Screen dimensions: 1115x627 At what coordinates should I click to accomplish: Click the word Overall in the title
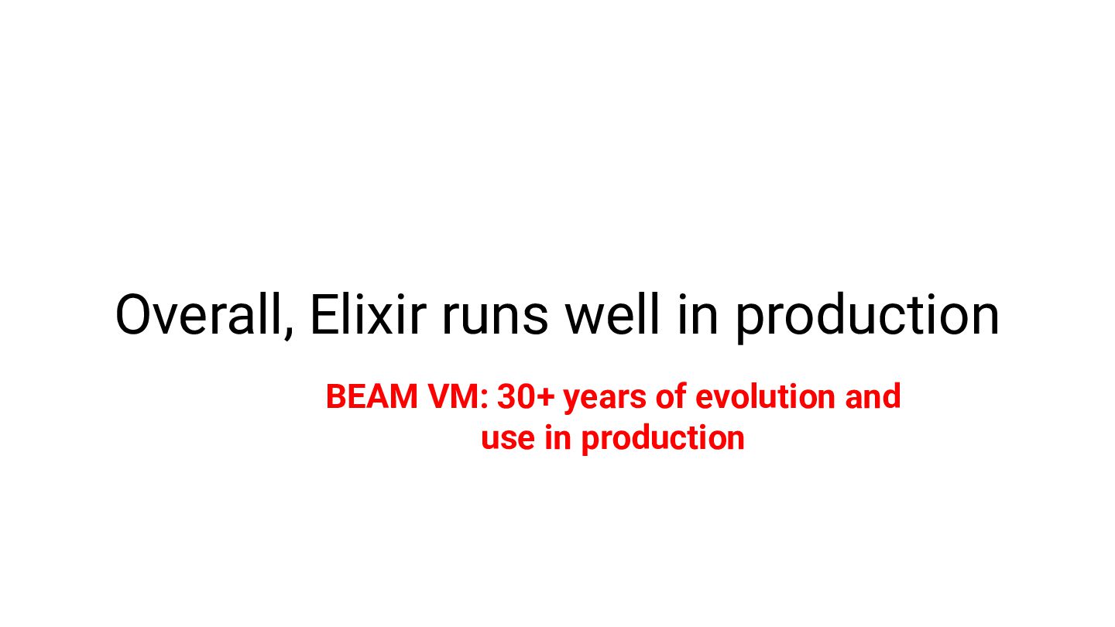(204, 315)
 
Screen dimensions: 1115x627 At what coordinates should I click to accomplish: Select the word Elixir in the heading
(369, 314)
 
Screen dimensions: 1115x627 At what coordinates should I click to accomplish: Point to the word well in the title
(612, 314)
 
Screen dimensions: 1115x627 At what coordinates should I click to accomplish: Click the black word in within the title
(698, 314)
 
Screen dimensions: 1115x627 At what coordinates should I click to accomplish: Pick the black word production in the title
(867, 318)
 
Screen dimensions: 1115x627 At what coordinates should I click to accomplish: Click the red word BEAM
(372, 396)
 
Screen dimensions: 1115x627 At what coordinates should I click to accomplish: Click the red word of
(671, 396)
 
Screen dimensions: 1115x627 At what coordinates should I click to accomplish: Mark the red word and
(873, 396)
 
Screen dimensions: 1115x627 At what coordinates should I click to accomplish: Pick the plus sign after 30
(546, 397)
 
